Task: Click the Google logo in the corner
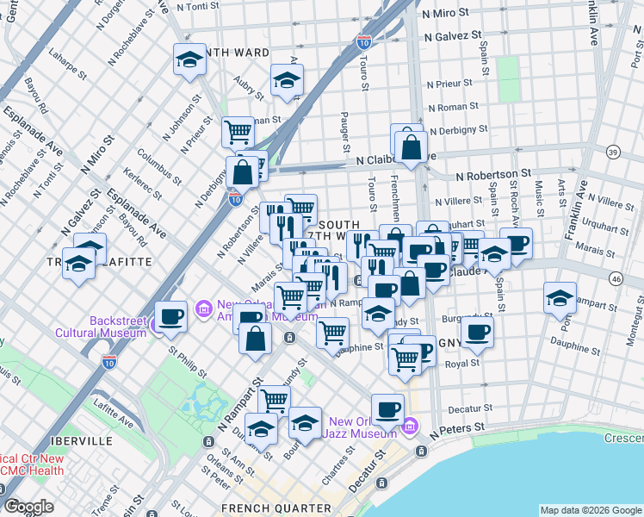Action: (29, 507)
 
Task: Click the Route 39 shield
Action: (613, 153)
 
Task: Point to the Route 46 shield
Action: (615, 278)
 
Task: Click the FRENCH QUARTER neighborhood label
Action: (263, 508)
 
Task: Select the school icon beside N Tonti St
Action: (189, 60)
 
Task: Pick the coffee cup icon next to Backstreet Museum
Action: (171, 316)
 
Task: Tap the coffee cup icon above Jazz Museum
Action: (388, 408)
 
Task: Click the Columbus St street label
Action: (158, 167)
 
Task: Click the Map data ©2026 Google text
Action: (590, 510)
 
